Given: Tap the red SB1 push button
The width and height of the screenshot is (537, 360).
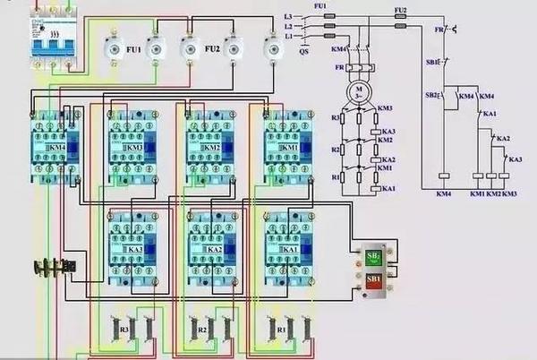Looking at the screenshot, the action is pos(373,281).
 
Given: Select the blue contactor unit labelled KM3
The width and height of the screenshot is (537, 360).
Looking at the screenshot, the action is pos(132,146).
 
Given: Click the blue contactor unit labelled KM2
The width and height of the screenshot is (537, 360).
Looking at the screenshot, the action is pos(209,146).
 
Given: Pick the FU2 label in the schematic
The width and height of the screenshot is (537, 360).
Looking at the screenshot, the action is pos(400,9).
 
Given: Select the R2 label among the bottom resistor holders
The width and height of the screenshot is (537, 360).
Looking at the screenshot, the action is pos(202,330).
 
